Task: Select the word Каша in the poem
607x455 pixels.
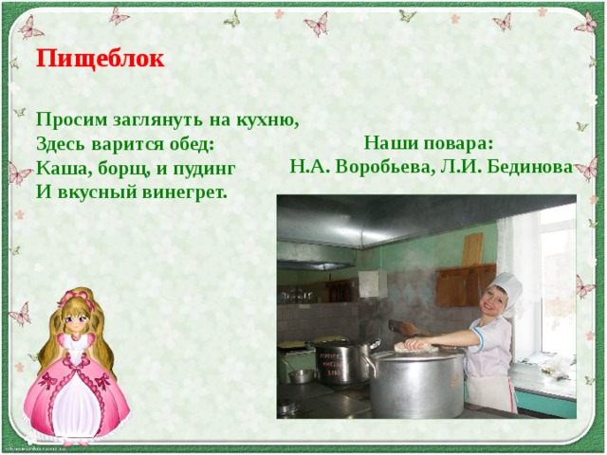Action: coord(58,168)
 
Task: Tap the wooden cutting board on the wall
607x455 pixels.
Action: coord(472,249)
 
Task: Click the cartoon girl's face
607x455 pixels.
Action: coord(73,320)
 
